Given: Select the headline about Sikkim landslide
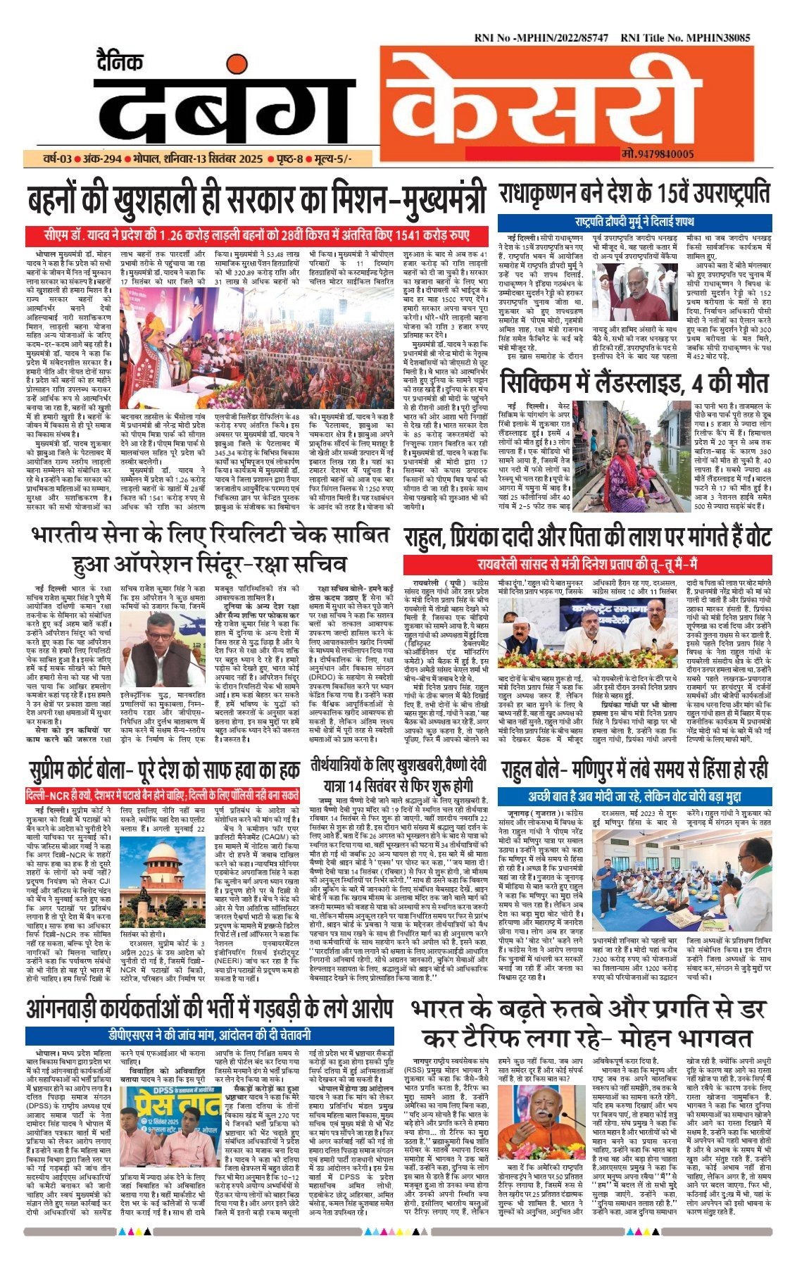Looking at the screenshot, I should pos(634,383).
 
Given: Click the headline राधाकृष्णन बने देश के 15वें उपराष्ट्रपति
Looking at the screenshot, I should pos(634,193).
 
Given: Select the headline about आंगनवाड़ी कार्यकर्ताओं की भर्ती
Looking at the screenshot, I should pos(210,1008).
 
